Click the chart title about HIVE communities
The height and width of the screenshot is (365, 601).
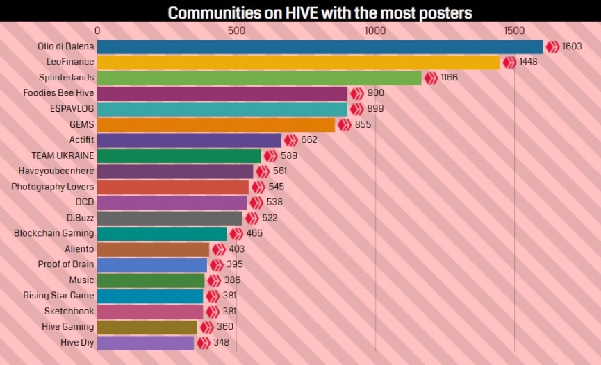tap(320, 12)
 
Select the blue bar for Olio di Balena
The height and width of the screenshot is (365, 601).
tap(320, 46)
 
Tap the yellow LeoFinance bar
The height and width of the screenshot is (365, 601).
tap(298, 62)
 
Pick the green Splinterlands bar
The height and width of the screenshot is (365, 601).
tap(259, 78)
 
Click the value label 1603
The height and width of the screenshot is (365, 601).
tap(572, 46)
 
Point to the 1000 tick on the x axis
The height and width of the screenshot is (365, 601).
tap(375, 31)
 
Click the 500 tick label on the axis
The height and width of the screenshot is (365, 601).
tap(236, 31)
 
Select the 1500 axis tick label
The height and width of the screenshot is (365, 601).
tap(514, 31)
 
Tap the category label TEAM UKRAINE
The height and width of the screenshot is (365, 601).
tap(63, 155)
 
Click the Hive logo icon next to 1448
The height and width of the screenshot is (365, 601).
tap(509, 62)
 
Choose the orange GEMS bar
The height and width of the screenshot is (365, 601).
tap(216, 124)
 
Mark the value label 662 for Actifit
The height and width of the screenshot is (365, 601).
tap(309, 140)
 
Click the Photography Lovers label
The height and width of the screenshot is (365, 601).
tap(53, 187)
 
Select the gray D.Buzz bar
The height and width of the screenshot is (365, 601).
tap(170, 218)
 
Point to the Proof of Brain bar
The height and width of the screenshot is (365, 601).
tap(152, 264)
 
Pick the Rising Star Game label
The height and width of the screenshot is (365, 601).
tap(58, 296)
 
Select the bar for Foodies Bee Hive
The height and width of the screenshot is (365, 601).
tap(222, 93)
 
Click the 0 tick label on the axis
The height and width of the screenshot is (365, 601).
tap(97, 31)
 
